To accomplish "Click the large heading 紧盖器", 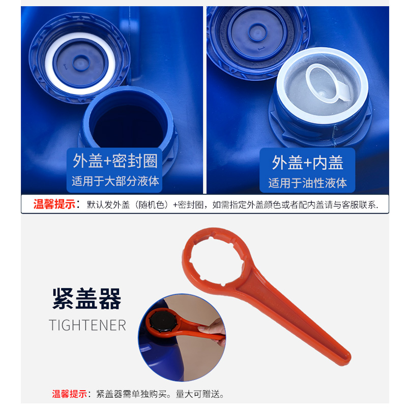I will click(x=87, y=299).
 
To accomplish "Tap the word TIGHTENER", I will click(x=88, y=325).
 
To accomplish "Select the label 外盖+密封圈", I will click(x=115, y=161).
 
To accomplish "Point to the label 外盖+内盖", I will click(x=307, y=162).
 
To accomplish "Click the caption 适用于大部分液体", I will click(x=115, y=181).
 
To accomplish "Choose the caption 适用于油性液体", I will click(x=307, y=182).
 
